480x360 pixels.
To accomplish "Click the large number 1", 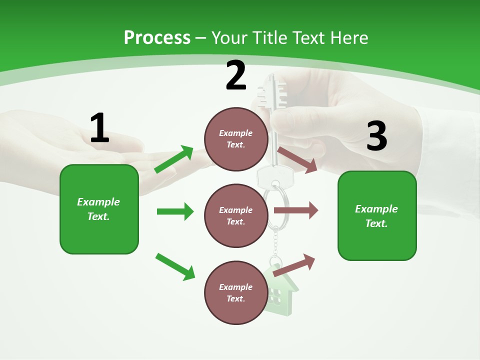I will point(99,128).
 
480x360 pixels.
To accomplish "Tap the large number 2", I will point(236,76).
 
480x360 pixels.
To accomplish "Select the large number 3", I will point(376,136).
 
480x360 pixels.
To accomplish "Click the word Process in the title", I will point(157,37).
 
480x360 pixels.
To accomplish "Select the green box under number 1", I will point(99,209).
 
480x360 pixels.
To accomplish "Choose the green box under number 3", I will point(377,215).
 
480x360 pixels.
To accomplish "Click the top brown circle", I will point(236,139).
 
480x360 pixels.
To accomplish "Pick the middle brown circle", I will point(236,215).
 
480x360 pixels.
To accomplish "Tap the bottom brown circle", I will point(236,292).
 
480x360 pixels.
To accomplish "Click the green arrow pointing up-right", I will point(174,159).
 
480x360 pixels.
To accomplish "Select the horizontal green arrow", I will point(175,211).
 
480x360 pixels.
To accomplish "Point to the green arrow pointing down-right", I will point(175,266).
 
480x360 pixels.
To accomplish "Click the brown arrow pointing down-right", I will point(297,159).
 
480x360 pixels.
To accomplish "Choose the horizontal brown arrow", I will point(296,210).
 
